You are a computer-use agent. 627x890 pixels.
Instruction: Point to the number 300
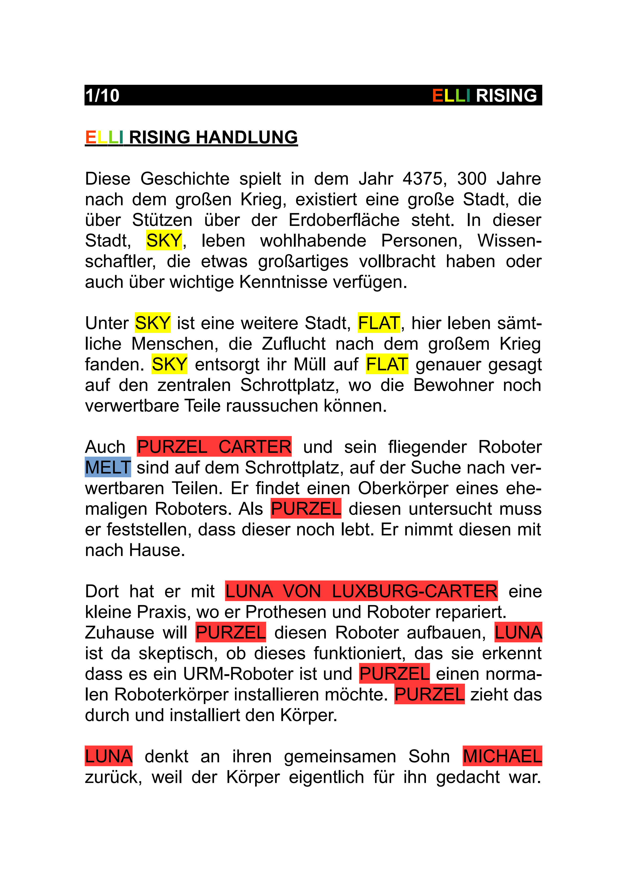(472, 179)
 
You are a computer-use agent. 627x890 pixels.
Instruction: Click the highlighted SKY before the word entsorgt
(169, 365)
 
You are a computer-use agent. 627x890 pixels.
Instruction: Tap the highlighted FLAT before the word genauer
(387, 365)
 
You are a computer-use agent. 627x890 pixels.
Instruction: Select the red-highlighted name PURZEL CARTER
(214, 447)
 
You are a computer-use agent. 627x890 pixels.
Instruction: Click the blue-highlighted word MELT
(108, 467)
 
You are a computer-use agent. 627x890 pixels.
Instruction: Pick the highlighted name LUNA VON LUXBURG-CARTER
(361, 591)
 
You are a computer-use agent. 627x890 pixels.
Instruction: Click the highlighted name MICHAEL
(502, 756)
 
